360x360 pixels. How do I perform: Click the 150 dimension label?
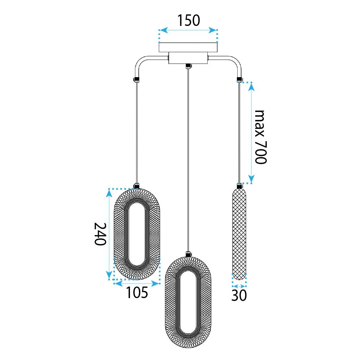[188, 21]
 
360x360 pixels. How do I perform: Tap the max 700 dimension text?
[260, 136]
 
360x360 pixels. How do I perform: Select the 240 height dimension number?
[100, 234]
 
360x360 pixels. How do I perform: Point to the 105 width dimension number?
[137, 293]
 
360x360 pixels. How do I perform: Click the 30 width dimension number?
[239, 295]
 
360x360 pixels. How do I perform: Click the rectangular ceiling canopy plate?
[188, 48]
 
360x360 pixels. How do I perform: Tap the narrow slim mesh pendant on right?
[239, 234]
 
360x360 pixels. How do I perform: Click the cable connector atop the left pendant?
[136, 186]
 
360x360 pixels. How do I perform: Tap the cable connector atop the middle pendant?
[188, 254]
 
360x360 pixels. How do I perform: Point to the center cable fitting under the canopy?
[188, 66]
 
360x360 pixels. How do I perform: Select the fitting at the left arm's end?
[136, 79]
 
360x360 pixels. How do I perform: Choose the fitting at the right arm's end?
[239, 79]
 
